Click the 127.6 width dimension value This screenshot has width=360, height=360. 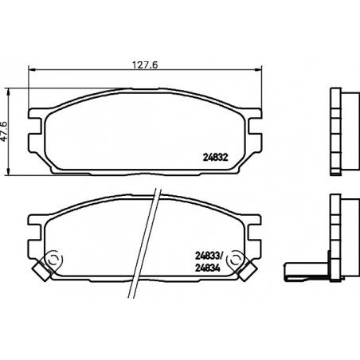tap(145, 65)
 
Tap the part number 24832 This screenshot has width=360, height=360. tap(216, 158)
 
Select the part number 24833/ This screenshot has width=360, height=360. tap(209, 256)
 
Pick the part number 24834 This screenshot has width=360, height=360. tap(208, 268)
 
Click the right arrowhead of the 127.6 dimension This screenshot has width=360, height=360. tap(258, 69)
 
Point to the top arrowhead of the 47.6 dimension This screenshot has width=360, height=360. tap(9, 92)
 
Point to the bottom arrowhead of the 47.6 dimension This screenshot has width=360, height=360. tap(9, 171)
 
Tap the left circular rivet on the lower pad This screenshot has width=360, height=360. tap(53, 259)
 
